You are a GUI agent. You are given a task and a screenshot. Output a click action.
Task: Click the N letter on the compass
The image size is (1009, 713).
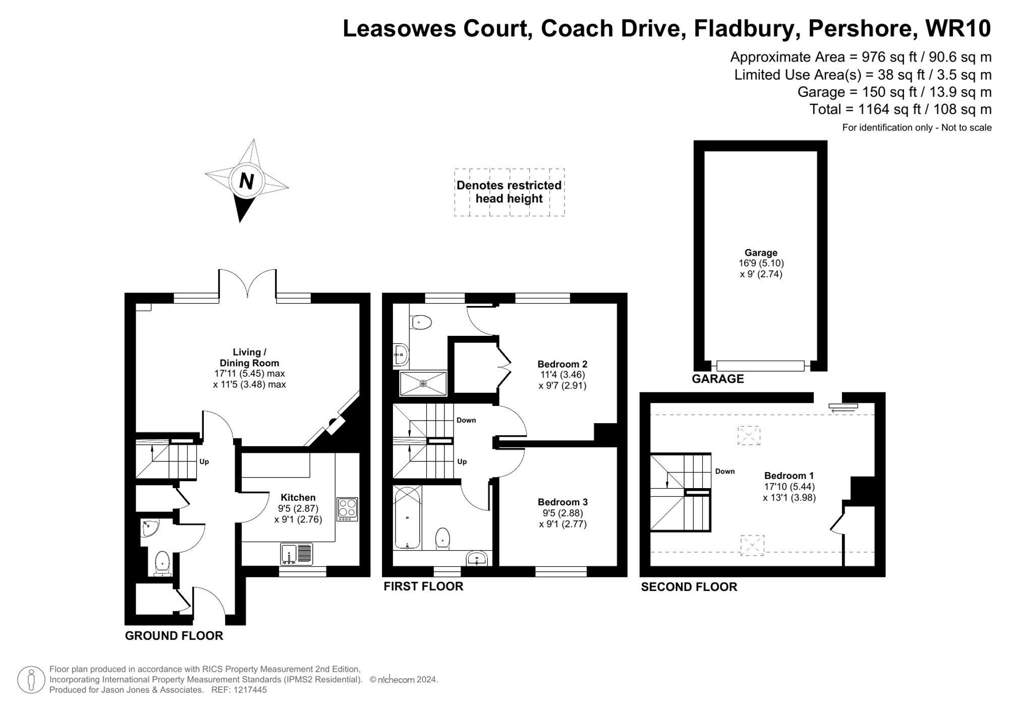pos(246,181)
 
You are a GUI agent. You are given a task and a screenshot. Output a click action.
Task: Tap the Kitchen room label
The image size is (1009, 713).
pos(298,498)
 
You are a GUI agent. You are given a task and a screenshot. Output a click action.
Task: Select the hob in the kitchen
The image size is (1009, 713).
pos(348,509)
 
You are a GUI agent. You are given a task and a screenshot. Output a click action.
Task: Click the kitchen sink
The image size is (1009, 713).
pos(297,554)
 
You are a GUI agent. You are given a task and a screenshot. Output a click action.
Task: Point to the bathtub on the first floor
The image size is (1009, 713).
pos(407,517)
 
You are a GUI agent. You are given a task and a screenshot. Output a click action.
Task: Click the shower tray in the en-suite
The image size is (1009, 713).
pos(423,383)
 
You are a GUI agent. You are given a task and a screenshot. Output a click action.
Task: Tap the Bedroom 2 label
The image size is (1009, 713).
pos(562,364)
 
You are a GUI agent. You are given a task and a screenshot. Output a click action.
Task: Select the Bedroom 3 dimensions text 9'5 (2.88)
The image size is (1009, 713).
pos(563,513)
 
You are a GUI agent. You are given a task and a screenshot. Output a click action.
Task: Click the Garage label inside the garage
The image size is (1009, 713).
pos(761,253)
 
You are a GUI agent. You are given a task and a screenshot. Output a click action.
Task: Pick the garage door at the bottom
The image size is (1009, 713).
pos(760,366)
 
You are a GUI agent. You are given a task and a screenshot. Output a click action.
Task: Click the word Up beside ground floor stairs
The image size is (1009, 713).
pos(204,461)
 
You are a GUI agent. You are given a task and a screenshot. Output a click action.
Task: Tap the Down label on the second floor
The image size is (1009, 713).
pos(724,471)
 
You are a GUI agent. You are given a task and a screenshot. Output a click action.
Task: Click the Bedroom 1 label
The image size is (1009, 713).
pos(789,476)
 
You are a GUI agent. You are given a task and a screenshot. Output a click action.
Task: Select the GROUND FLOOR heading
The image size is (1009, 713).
pos(174,636)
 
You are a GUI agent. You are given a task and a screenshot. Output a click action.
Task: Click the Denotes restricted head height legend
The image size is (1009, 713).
pos(509,192)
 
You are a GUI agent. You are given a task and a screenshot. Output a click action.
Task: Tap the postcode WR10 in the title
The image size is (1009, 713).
pos(958,29)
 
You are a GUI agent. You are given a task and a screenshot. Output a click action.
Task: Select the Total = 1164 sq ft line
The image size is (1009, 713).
pos(900,109)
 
